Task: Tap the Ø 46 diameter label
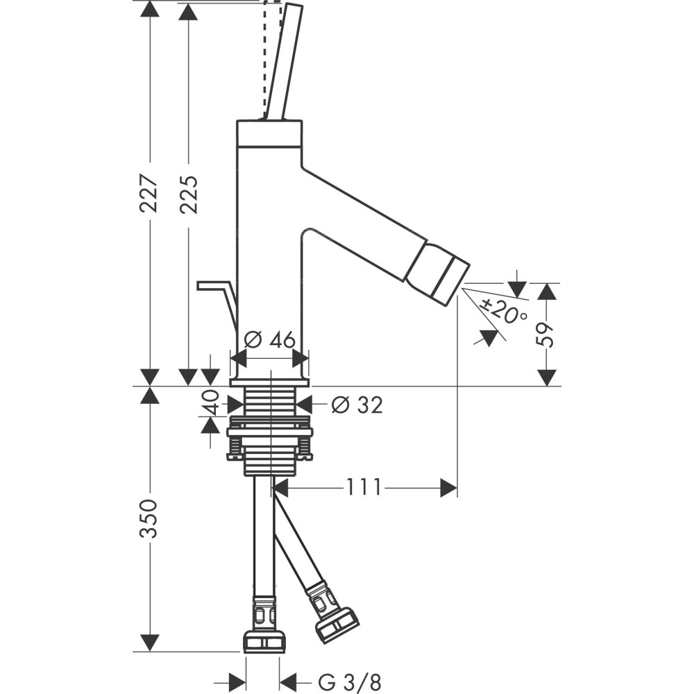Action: pyautogui.click(x=271, y=339)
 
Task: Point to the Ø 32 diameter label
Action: pyautogui.click(x=357, y=405)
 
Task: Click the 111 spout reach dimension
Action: pyautogui.click(x=363, y=489)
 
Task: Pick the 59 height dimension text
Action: pyautogui.click(x=548, y=334)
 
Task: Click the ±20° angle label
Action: pyautogui.click(x=505, y=312)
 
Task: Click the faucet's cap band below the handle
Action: pyautogui.click(x=269, y=133)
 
